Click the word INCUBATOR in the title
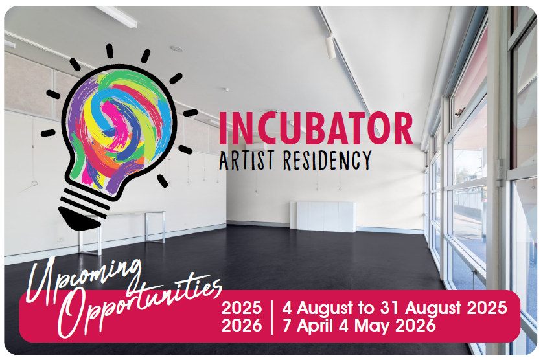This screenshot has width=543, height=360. pos(316,128)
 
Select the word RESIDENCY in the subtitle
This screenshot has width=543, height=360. pos(327,160)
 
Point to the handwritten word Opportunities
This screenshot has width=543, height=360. pos(139,304)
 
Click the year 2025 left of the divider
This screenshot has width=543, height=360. pos(242,308)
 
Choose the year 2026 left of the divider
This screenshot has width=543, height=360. pos(242,326)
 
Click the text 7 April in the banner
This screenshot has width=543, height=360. pos(308,326)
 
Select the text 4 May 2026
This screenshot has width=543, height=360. pos(387,326)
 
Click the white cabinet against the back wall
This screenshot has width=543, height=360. pos(323,216)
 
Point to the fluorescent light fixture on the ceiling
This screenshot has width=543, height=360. pos(117,16)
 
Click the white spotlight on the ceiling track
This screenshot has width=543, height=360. pos(330,47)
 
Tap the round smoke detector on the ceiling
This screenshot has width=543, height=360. pos(176,49)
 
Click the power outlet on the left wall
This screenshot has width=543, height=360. pos(61,239)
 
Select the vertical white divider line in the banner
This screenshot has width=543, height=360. pos(272,317)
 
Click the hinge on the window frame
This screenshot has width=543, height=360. pos(499,173)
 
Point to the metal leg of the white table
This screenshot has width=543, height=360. pos(99,236)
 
